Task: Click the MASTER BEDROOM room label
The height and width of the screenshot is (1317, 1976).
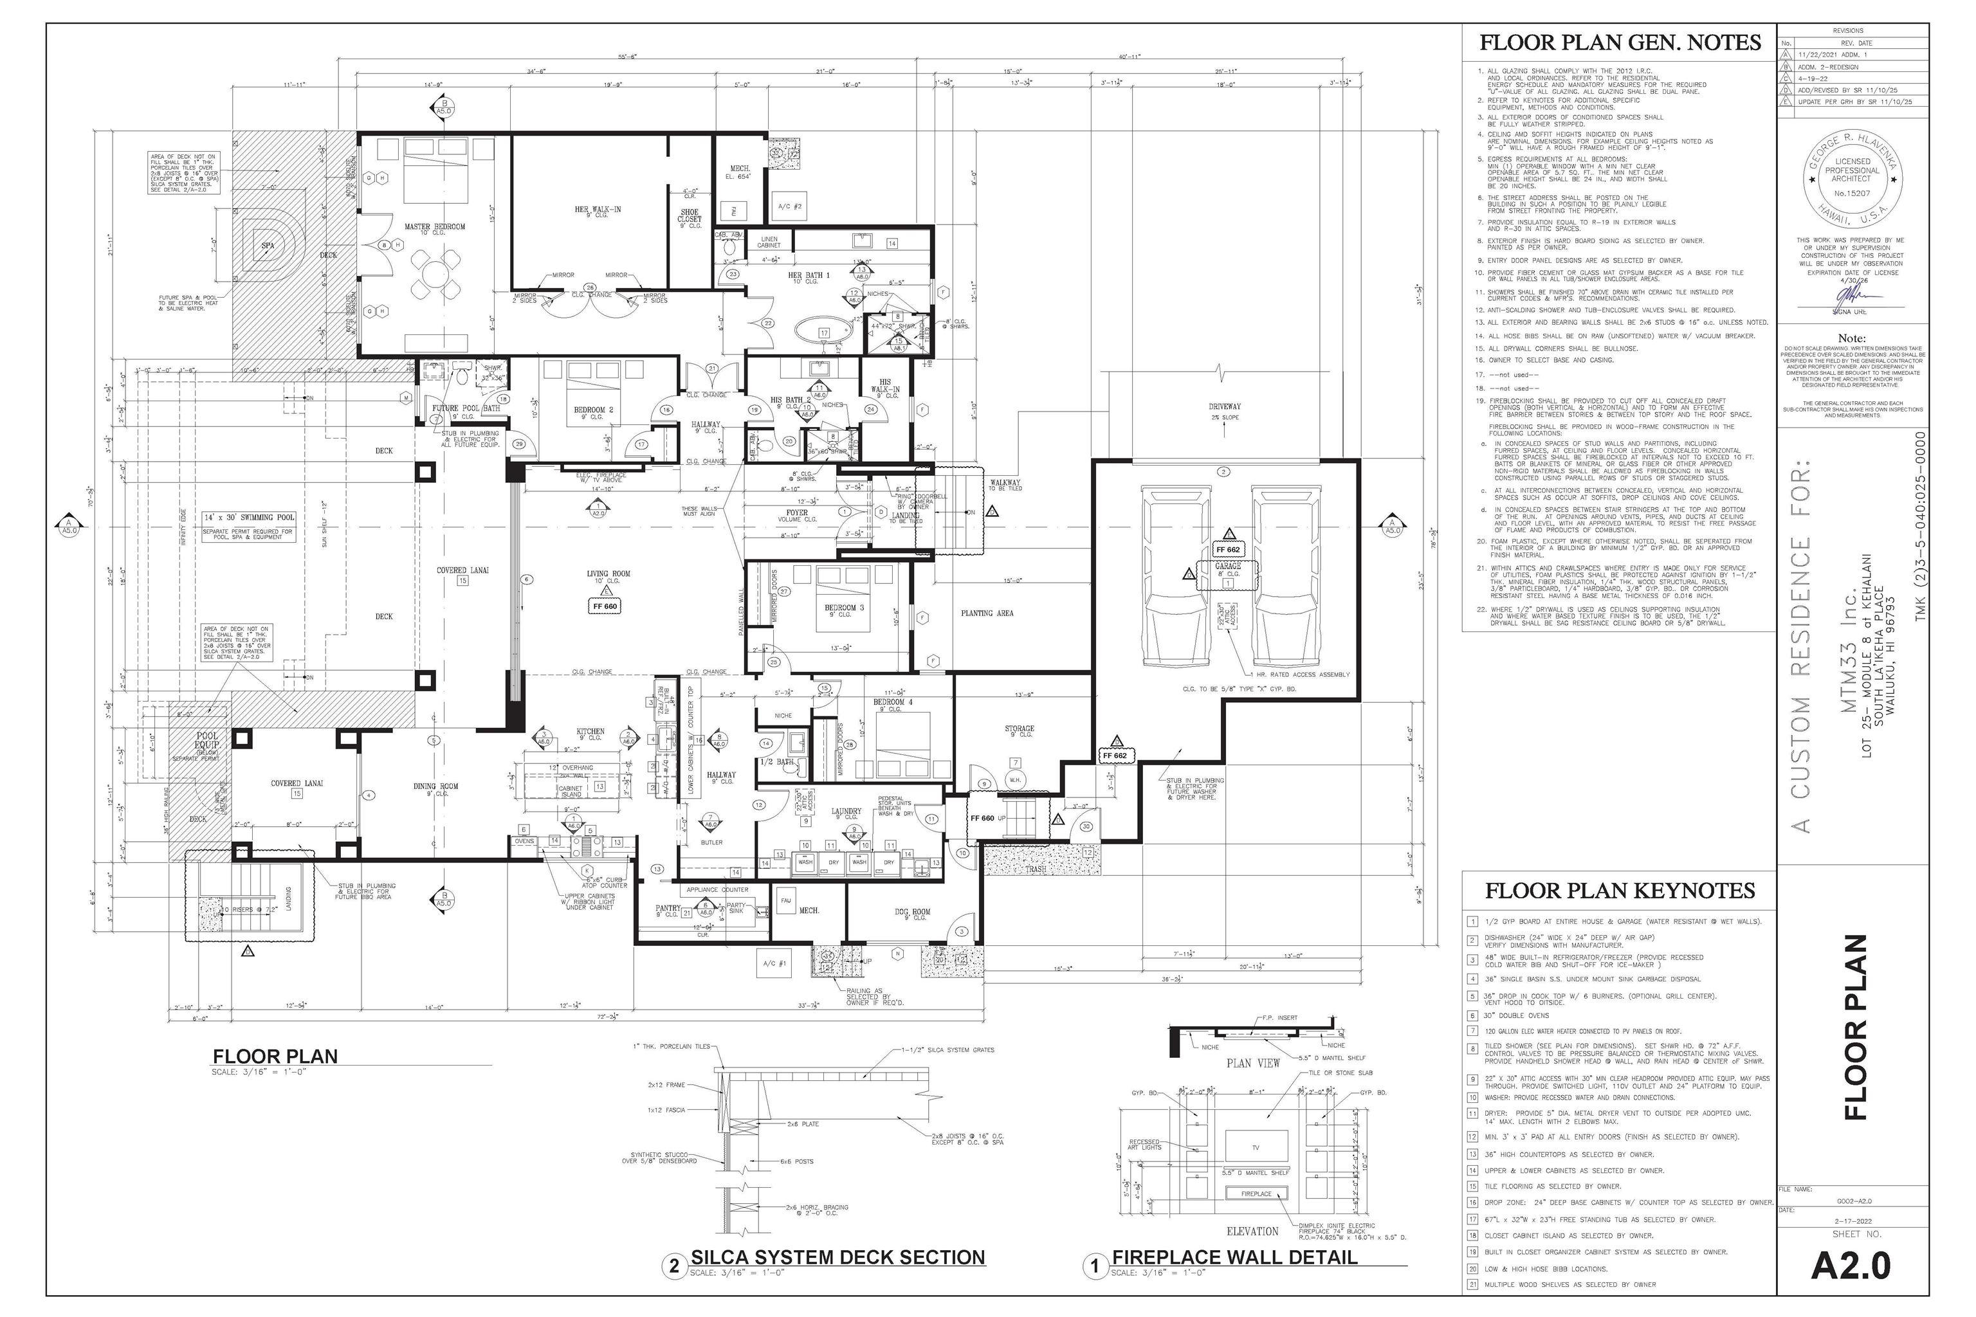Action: tap(434, 227)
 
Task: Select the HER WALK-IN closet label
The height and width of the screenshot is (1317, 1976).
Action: tap(598, 209)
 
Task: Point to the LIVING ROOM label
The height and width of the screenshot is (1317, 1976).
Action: tap(608, 574)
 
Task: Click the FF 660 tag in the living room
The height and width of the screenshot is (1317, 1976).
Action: tap(605, 606)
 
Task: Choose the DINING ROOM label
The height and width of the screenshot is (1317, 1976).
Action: tap(435, 787)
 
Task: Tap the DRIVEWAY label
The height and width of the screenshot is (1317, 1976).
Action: tap(1225, 406)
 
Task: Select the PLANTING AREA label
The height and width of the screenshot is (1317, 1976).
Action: tap(987, 613)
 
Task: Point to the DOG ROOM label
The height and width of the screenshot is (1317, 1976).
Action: tap(911, 911)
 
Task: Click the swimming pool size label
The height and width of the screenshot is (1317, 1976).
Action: tap(249, 518)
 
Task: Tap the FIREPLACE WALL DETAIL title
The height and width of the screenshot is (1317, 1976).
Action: tap(1234, 1257)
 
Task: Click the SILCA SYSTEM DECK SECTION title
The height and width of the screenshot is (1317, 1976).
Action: tap(837, 1257)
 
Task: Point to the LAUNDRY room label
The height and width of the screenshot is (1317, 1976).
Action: tap(846, 812)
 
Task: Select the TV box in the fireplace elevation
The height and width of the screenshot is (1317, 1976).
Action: tap(1256, 1147)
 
